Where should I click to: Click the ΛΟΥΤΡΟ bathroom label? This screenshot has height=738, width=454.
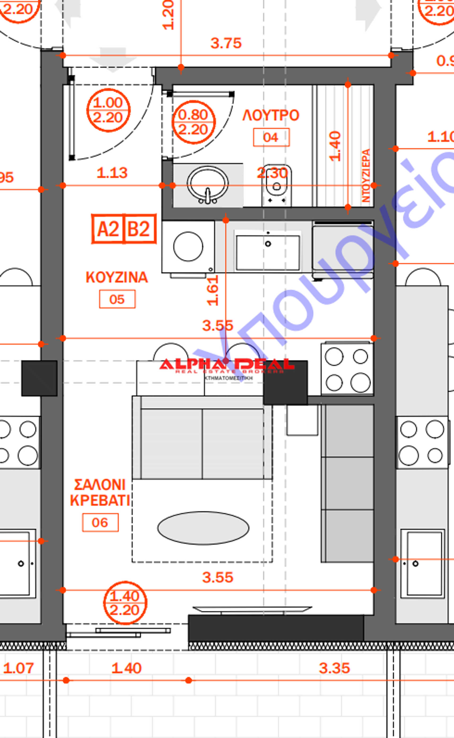[271, 115]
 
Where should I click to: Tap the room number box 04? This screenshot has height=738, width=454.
[271, 137]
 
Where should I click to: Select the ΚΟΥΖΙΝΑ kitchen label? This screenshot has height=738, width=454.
[117, 277]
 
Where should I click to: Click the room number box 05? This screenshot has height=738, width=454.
[117, 299]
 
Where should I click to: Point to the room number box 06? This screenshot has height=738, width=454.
[100, 522]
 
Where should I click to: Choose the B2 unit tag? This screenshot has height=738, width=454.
[139, 229]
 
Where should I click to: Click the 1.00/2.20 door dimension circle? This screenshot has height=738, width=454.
[108, 110]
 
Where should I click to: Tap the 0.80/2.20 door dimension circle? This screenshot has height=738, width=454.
[193, 122]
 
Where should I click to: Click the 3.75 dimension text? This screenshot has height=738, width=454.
[226, 43]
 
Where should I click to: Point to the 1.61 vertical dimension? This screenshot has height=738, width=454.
[213, 290]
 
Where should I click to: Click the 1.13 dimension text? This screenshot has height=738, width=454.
[112, 173]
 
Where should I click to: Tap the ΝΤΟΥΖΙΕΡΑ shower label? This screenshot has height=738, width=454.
[366, 176]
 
